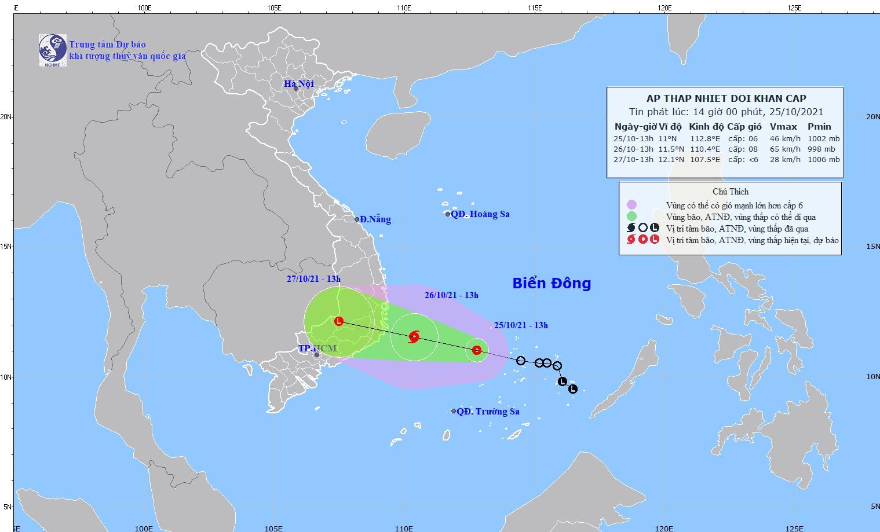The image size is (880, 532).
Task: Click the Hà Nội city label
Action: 298,84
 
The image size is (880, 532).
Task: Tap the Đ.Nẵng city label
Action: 375,219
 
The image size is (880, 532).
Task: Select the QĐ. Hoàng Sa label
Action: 480,214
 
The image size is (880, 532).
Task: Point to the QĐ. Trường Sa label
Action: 488,412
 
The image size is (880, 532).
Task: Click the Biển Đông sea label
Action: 551,283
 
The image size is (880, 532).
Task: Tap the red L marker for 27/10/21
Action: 339,321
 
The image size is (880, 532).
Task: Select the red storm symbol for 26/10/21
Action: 414,336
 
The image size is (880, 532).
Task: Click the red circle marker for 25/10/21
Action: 477,350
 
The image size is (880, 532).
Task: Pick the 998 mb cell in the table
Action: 822,149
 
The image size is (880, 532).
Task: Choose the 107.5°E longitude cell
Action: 705,160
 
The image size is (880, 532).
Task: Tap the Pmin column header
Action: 820,127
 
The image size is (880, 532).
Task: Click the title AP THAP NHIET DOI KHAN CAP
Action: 726,98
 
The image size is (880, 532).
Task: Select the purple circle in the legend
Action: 631,204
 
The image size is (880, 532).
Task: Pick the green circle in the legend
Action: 631,217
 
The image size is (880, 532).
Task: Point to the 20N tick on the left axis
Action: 8,116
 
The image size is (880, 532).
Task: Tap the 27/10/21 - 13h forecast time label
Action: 313,279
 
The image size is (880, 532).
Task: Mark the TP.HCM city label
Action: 317,348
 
